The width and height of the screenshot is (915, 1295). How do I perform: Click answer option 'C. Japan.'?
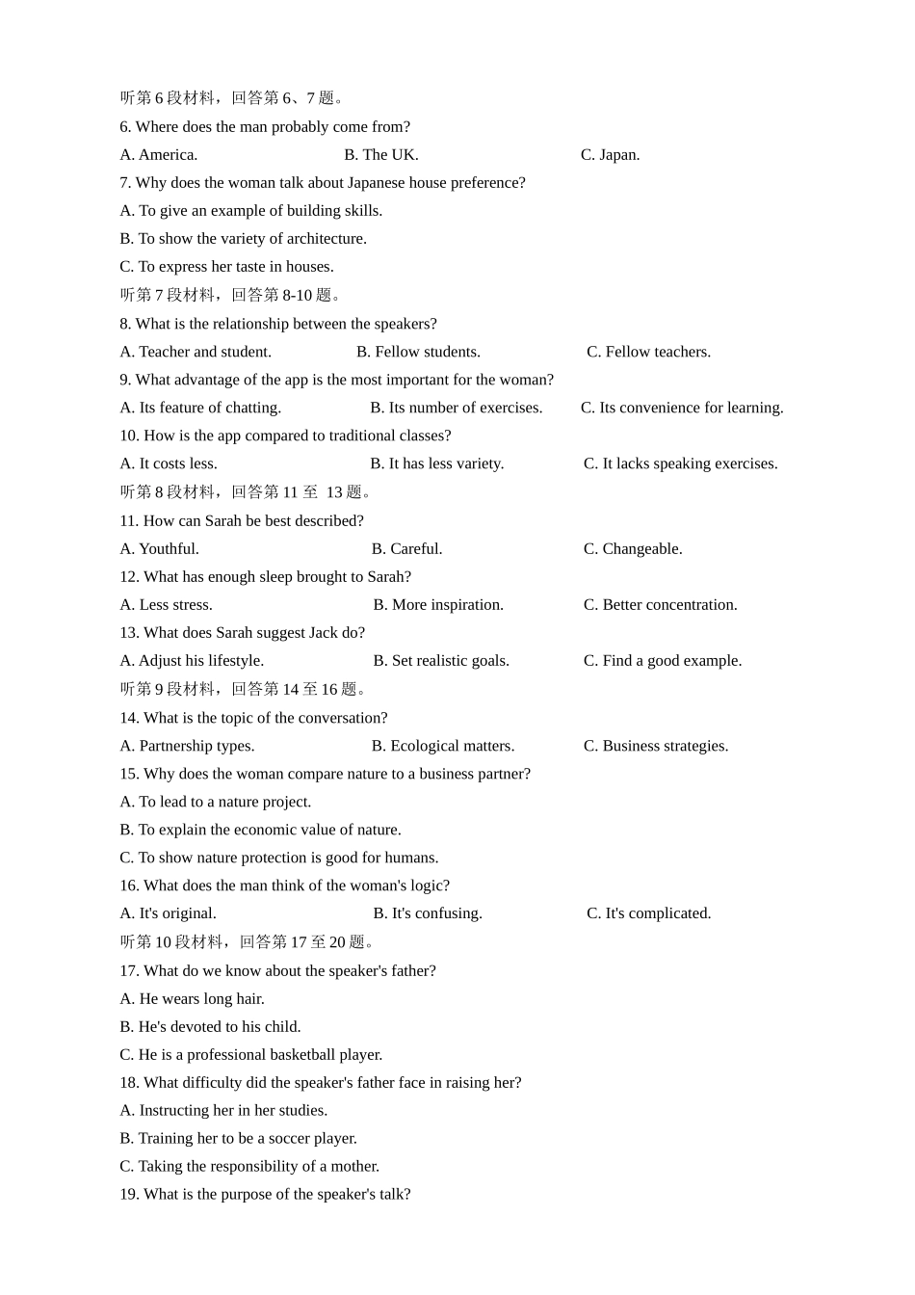coord(610,155)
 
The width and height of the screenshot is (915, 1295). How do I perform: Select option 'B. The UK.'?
coord(381,155)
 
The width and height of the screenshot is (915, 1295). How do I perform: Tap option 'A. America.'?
coord(159,155)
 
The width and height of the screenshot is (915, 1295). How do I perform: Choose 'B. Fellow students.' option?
coord(418,352)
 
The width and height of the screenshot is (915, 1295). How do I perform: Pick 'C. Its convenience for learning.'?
coord(682,408)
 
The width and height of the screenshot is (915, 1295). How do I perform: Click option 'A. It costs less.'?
coord(169,463)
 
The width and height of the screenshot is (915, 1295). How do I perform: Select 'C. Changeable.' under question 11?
coord(633,548)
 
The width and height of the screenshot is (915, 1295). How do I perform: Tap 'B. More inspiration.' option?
coord(438,604)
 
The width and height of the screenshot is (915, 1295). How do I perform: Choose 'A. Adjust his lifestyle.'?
coord(192,660)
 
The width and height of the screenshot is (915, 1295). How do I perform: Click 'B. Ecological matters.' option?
coord(443,746)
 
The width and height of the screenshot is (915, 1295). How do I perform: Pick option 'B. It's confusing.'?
coord(428,913)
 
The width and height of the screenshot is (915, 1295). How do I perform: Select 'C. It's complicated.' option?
coord(649,913)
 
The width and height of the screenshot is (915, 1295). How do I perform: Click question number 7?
coord(125,183)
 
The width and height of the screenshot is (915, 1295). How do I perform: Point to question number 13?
coord(129,633)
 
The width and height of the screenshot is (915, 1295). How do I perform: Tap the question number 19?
coord(129,1195)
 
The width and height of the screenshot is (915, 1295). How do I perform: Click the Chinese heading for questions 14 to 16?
coord(245,690)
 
